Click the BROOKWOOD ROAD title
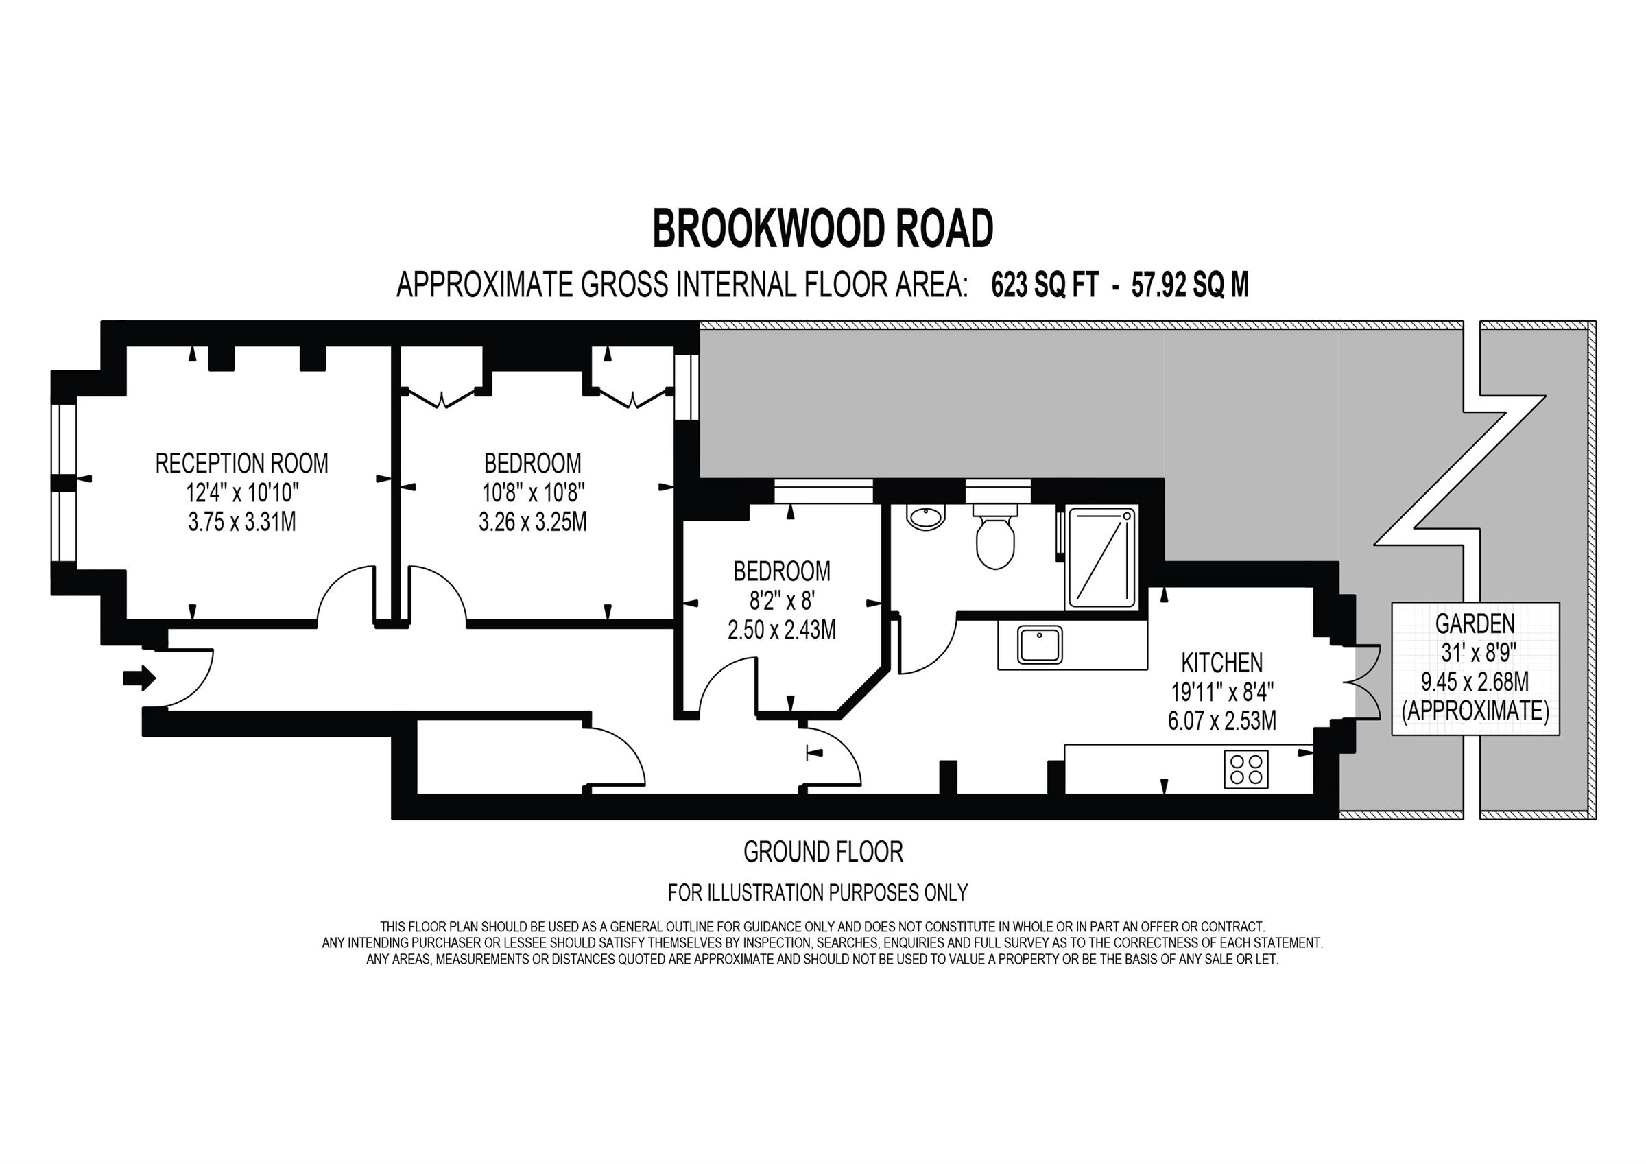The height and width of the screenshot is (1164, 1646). tap(822, 229)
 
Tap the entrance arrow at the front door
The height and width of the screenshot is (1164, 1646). tap(139, 677)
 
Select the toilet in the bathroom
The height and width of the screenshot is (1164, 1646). tap(995, 539)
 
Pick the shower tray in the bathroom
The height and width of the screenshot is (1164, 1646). tap(1102, 557)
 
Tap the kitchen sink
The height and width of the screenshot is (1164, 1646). tap(1040, 644)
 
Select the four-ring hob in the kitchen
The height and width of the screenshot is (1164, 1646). tap(1246, 770)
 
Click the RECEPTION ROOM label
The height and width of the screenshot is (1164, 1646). tap(241, 463)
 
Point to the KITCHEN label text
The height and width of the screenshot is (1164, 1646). tap(1221, 662)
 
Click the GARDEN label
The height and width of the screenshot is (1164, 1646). tap(1475, 624)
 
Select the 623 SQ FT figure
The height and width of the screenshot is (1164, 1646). tap(1044, 285)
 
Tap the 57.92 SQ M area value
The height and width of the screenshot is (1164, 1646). tap(1189, 285)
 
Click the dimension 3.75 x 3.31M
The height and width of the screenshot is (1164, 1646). tap(241, 521)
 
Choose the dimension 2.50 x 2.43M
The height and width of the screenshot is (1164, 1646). tap(781, 630)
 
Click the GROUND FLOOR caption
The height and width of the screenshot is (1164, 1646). tap(822, 852)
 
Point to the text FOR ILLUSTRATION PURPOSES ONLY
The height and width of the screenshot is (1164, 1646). tap(818, 893)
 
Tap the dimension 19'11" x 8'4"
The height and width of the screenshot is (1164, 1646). tap(1221, 692)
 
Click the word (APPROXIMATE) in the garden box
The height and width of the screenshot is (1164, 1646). tap(1475, 711)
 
